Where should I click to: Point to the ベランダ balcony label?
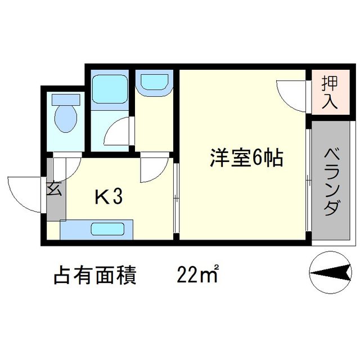coord(332,182)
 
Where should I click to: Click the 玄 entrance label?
coord(55,188)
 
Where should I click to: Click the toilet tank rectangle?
coord(65,99)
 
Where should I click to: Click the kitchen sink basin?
coord(109,229)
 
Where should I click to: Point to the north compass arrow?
coord(330,274)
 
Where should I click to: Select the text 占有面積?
coord(95,276)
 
